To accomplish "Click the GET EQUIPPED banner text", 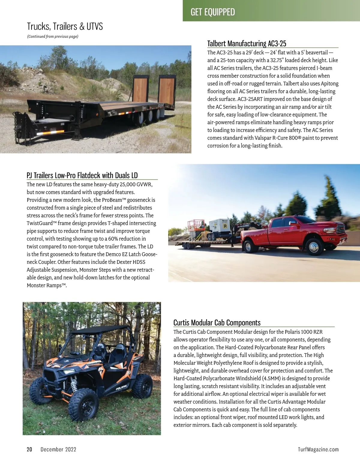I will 213,12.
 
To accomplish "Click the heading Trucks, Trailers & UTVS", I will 65,26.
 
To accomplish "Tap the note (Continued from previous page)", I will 53,37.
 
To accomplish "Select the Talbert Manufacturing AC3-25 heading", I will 247,43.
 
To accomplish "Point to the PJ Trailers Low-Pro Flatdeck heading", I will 82,175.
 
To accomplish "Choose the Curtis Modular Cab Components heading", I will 217,323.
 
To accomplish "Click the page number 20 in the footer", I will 29,449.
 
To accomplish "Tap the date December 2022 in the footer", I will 58,449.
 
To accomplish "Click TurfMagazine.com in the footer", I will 318,449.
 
